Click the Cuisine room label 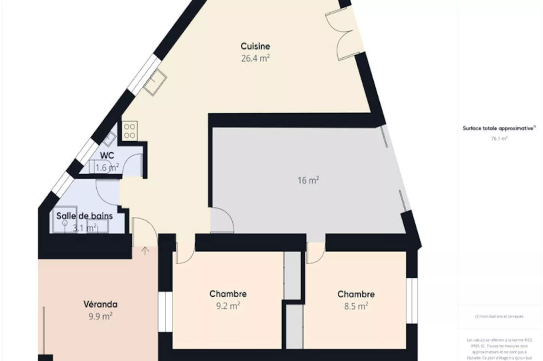[x=255, y=46]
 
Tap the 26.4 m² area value [x=255, y=58]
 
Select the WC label [x=107, y=156]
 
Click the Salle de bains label [x=85, y=216]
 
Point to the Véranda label [x=100, y=304]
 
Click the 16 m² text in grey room [x=308, y=180]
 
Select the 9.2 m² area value [x=228, y=306]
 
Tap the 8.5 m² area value [x=356, y=306]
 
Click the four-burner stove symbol [x=129, y=131]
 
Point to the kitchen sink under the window [x=155, y=82]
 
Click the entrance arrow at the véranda [x=145, y=251]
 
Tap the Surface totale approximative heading [x=499, y=129]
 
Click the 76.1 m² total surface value [x=499, y=138]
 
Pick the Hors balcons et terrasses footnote [x=499, y=316]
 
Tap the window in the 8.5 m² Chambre [x=412, y=301]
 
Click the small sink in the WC [x=109, y=139]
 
